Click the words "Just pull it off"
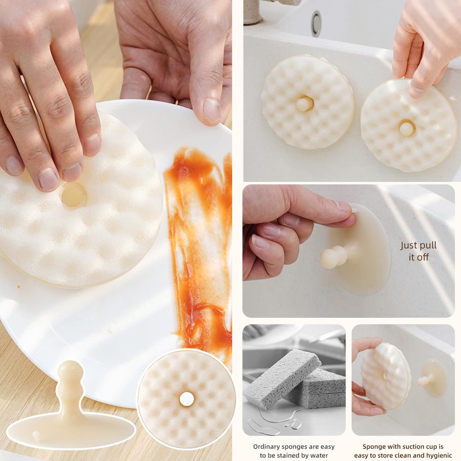pos(418,251)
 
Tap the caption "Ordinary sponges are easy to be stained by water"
pos(294,451)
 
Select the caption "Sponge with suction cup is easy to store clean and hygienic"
pos(403,451)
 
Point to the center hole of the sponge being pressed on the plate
pos(73,195)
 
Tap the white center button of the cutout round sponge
pos(186,399)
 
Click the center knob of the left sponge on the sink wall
pos(304,103)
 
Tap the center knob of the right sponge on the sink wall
pos(406,128)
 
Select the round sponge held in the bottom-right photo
pos(385,376)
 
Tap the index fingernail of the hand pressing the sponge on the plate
pos(48,180)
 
